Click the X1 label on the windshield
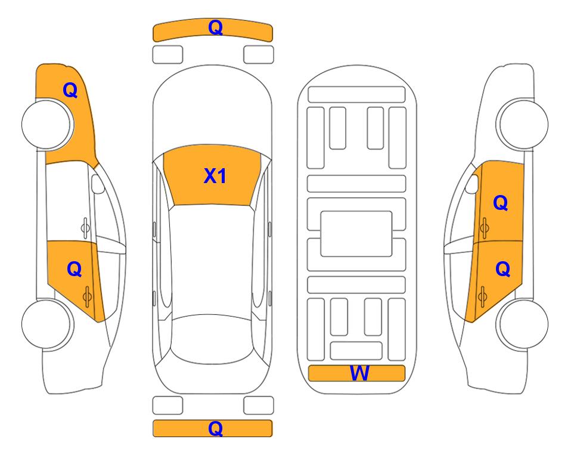click(x=215, y=176)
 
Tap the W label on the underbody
click(x=359, y=373)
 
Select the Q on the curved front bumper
click(x=215, y=27)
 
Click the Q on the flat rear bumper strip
click(x=215, y=428)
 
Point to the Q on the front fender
click(x=70, y=90)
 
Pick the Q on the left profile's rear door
click(x=75, y=270)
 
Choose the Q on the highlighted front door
click(x=501, y=203)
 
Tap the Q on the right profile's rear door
click(x=502, y=270)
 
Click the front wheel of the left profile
click(x=47, y=124)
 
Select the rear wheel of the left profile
click(x=47, y=324)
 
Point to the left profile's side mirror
click(x=98, y=184)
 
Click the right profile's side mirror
click(x=472, y=184)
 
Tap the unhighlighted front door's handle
click(x=85, y=228)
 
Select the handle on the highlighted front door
click(x=484, y=228)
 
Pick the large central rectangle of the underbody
click(x=356, y=234)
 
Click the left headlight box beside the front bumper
click(x=167, y=55)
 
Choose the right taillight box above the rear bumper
click(x=259, y=406)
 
